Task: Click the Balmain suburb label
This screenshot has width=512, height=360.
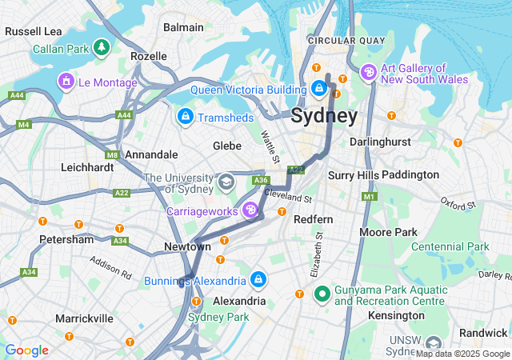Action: (183, 27)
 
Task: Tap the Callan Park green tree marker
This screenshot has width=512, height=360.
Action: (102, 49)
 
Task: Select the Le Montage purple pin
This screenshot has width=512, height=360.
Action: (65, 81)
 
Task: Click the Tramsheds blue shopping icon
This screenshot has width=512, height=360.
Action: (186, 118)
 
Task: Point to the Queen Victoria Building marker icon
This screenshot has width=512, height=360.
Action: (319, 88)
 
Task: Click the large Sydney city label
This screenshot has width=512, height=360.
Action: (324, 115)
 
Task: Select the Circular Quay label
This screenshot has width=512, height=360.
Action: (342, 40)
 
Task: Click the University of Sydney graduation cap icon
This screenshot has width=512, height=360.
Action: (227, 182)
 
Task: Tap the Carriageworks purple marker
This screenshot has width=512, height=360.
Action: (250, 210)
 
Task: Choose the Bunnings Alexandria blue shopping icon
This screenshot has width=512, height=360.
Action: (258, 280)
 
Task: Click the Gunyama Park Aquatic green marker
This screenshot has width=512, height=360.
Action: (322, 294)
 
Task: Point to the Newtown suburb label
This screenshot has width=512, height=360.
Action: (187, 247)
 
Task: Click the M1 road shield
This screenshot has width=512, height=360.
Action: (369, 196)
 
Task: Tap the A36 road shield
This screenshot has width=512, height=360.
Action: (261, 181)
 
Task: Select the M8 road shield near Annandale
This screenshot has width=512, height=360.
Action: (112, 154)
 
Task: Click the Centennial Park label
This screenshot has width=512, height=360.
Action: (450, 246)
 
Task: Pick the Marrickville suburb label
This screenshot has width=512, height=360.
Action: (84, 318)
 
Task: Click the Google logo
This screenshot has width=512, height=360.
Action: (26, 350)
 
